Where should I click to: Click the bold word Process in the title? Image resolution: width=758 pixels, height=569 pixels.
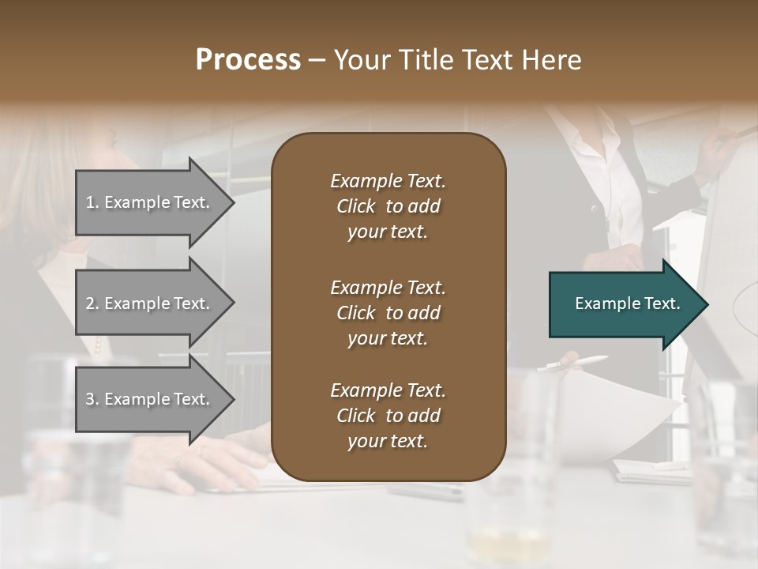248,60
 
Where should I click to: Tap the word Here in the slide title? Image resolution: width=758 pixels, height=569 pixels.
550,60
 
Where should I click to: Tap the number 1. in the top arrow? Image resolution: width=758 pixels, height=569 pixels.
92,202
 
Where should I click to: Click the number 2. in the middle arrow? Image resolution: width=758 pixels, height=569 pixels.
92,303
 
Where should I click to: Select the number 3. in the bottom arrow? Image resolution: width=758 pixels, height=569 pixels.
92,399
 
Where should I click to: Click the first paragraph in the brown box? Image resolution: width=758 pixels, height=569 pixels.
388,206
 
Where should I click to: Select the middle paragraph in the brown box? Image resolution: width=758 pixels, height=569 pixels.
388,312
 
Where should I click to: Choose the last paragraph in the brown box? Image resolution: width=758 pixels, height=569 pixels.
388,416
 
